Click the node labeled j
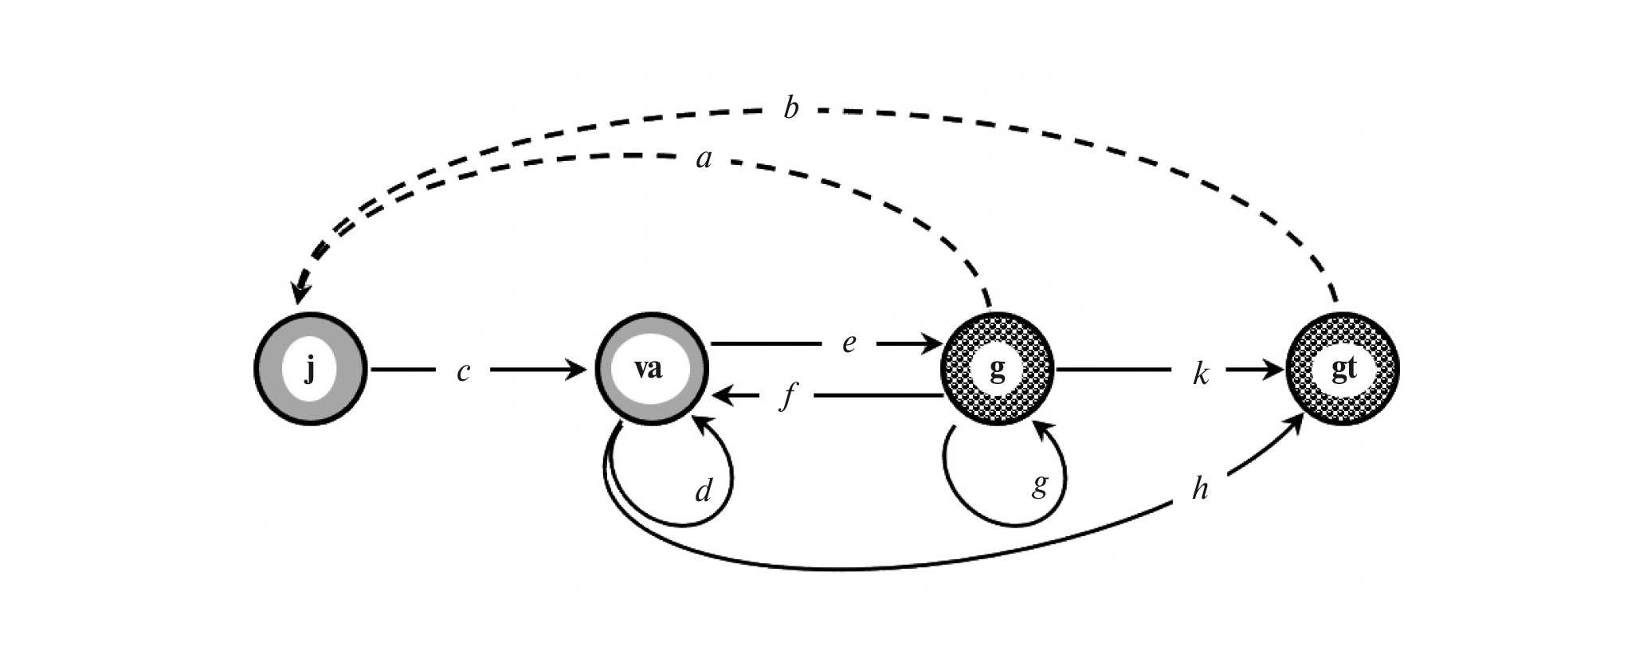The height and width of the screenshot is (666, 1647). [311, 370]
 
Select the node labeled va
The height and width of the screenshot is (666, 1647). [650, 370]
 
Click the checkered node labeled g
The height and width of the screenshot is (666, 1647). [997, 370]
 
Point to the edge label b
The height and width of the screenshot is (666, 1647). [790, 108]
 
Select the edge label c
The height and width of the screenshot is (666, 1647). [462, 371]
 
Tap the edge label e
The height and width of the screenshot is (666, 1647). [849, 343]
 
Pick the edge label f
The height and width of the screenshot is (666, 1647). [787, 397]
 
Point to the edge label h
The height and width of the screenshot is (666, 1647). [1199, 489]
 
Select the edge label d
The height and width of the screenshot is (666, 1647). [703, 492]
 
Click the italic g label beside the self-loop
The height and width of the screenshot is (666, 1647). [1039, 484]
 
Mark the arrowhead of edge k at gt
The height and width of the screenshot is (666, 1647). [1274, 370]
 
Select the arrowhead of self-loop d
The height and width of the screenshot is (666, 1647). [702, 423]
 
